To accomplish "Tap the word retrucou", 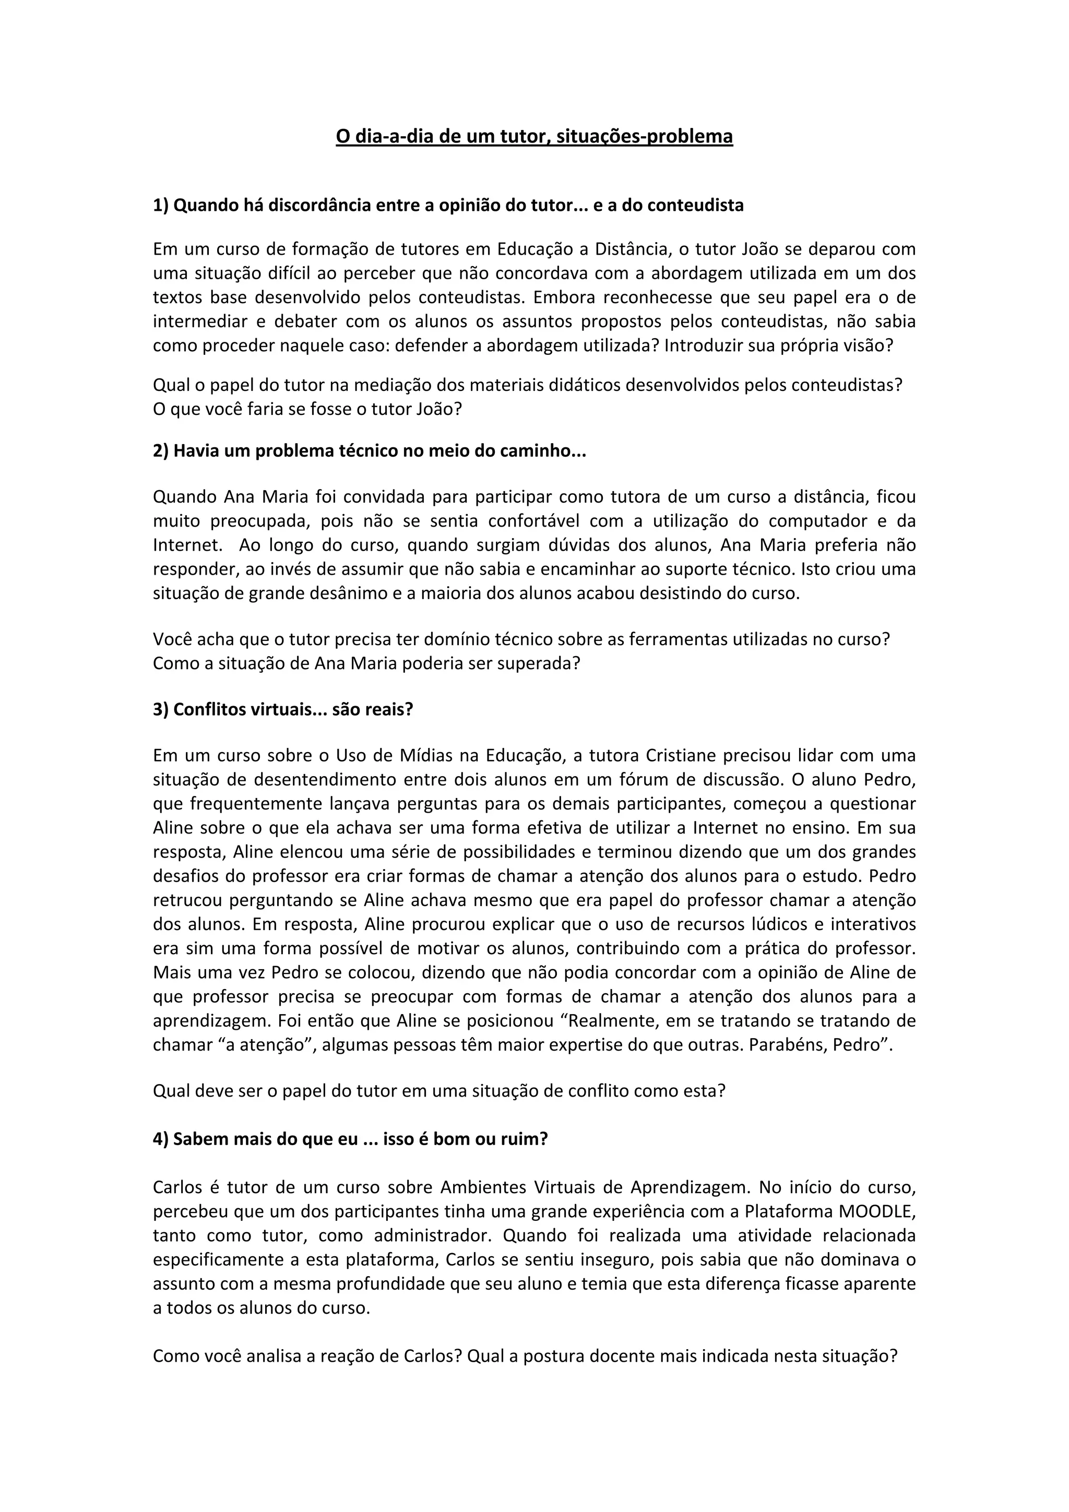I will [x=186, y=900].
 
